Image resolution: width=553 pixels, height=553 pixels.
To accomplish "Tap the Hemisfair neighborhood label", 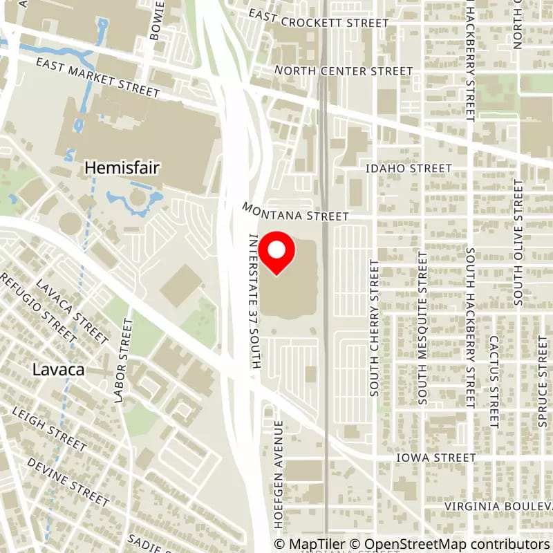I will click(x=114, y=167).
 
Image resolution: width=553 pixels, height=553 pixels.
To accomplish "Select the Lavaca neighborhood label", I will click(x=59, y=370).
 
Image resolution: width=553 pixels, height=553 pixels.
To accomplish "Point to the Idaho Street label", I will click(x=409, y=169).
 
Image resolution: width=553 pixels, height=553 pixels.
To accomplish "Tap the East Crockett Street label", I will click(x=319, y=23).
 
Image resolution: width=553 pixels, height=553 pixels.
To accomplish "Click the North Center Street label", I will click(x=344, y=71).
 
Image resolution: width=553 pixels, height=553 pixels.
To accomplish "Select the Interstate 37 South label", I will click(x=253, y=300).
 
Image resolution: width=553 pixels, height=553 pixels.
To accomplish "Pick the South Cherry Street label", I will click(x=375, y=328).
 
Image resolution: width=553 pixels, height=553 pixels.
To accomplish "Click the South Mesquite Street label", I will click(x=422, y=327).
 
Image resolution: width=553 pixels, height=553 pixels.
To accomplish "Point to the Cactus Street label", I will click(x=494, y=382).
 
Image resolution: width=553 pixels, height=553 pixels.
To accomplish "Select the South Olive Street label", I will click(x=518, y=243).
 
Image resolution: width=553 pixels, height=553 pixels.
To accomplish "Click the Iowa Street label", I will click(x=436, y=458).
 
